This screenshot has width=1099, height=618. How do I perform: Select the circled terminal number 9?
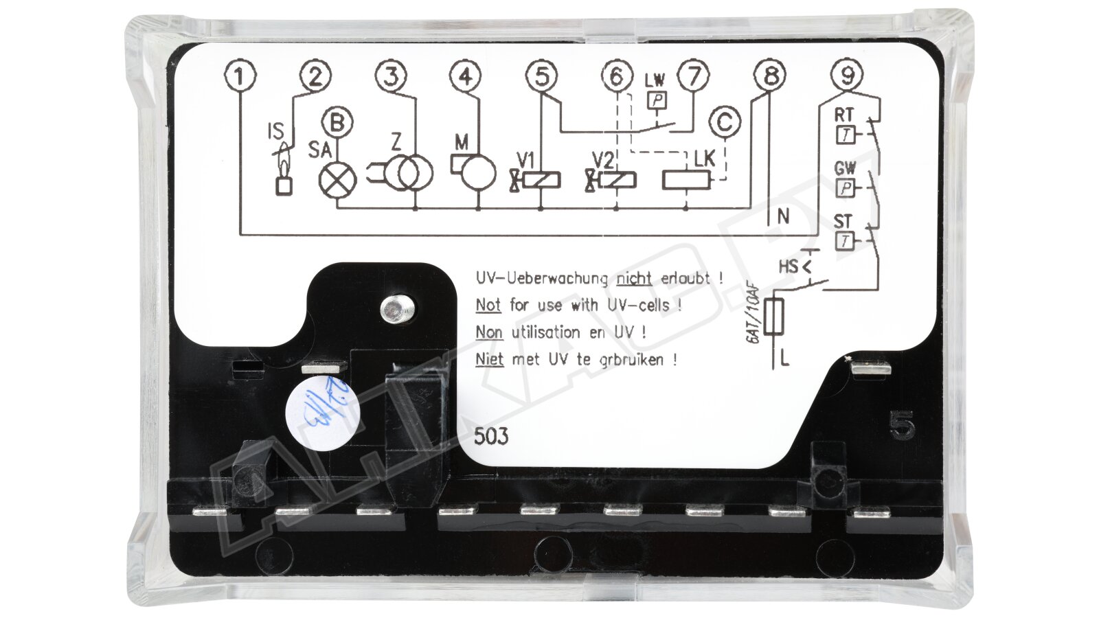[846, 74]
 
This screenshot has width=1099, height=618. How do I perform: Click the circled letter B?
[337, 123]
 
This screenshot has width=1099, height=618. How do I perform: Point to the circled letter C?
[725, 123]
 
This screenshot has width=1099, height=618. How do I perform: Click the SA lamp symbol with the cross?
[338, 180]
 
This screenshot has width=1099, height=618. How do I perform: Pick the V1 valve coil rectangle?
[542, 180]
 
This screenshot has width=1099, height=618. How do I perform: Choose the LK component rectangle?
[686, 181]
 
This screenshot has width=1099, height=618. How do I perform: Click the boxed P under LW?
[658, 100]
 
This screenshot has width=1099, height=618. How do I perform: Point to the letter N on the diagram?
[783, 217]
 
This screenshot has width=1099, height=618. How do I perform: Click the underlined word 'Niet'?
[490, 359]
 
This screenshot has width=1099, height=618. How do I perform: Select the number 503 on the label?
[492, 436]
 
